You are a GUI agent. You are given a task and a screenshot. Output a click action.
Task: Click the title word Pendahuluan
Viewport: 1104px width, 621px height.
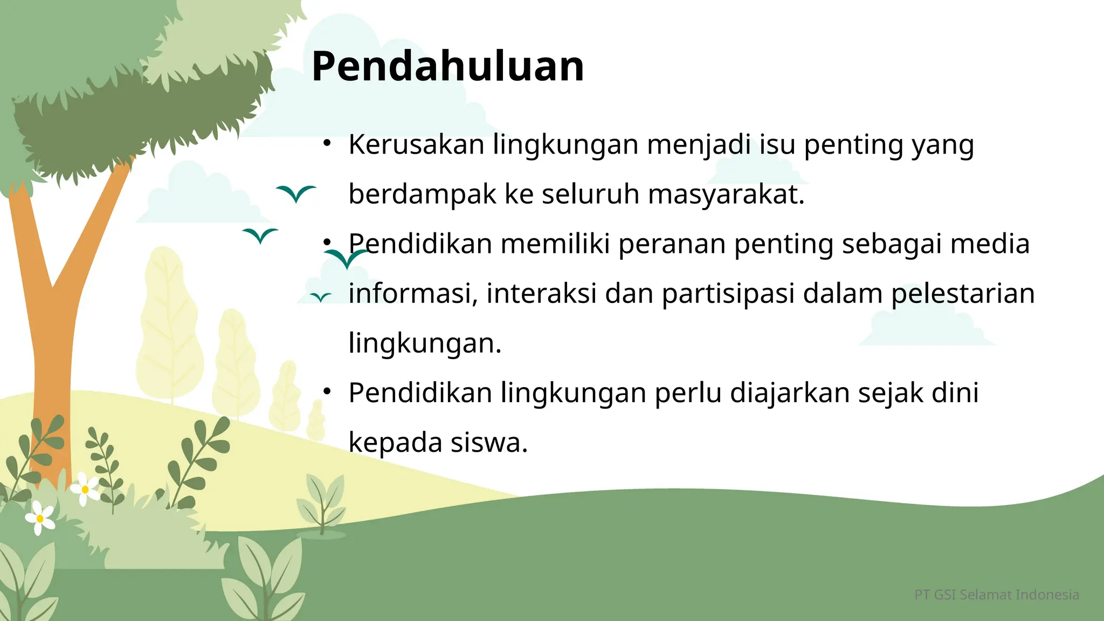pos(447,66)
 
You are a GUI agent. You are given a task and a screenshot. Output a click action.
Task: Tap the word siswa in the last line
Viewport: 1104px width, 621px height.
pos(488,443)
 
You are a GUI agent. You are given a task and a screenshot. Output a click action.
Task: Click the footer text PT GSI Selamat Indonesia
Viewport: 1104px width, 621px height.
pos(997,595)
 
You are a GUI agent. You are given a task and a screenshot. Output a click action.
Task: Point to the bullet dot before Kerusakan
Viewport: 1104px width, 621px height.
pos(327,143)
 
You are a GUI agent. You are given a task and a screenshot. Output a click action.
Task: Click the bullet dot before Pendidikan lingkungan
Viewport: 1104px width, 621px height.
pos(327,391)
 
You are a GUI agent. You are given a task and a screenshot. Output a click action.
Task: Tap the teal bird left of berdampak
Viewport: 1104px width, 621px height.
pos(296,193)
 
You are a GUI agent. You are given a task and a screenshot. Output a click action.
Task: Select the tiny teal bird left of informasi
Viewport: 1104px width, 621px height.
pos(321,297)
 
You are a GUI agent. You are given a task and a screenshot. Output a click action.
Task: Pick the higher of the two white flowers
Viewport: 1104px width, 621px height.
pos(85,489)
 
